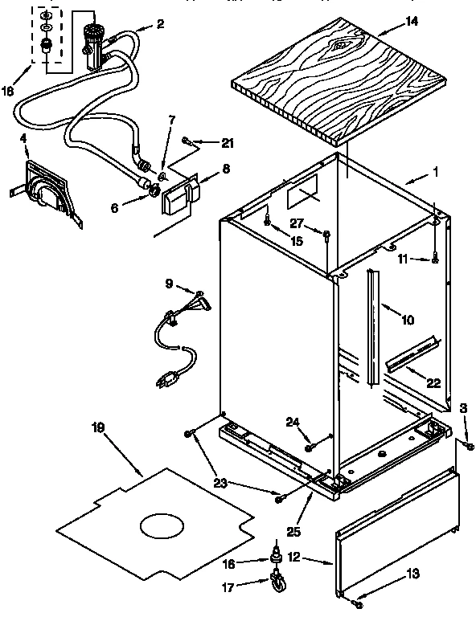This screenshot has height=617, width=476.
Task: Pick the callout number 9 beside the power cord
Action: point(168,283)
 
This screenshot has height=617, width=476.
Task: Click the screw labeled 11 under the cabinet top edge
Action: point(435,258)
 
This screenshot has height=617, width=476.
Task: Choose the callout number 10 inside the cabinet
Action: point(408,320)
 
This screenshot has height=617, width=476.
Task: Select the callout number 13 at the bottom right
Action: point(413,574)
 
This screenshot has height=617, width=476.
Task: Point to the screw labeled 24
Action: point(309,439)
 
